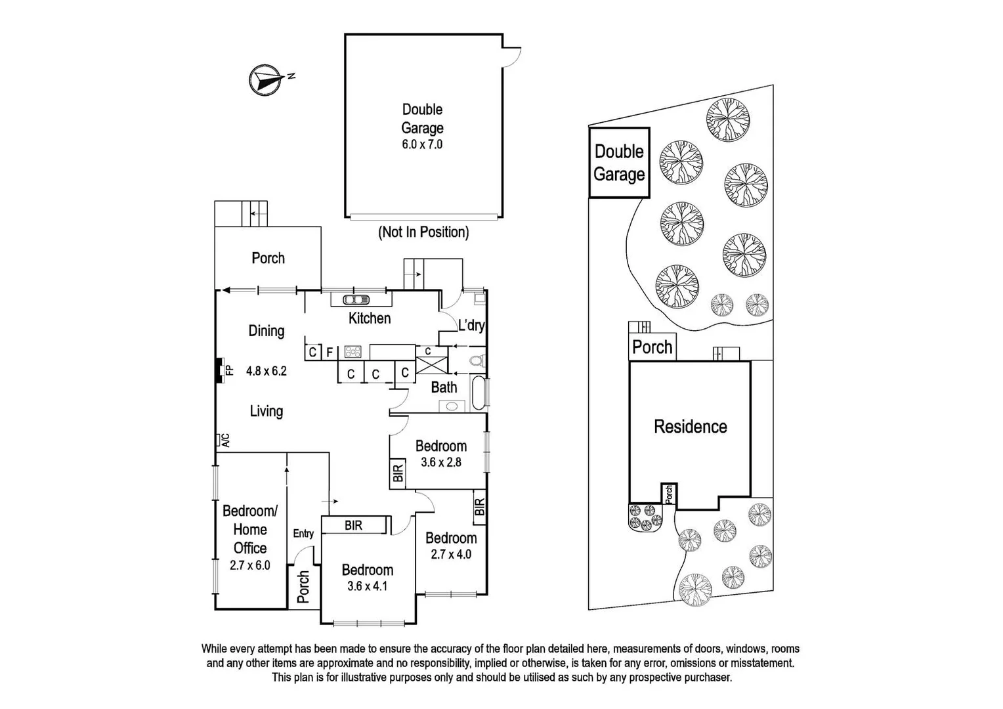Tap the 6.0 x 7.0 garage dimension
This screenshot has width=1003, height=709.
point(422,144)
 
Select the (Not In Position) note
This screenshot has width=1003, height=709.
point(423,232)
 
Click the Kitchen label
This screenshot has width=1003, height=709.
point(370,318)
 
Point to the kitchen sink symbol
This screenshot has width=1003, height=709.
point(355,300)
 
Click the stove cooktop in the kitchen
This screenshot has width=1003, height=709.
point(353,352)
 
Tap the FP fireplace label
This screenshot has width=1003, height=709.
point(229,370)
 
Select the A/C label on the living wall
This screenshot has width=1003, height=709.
point(224,440)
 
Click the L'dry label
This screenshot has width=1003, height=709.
point(471,325)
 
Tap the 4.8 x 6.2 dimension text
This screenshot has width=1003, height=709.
point(266,371)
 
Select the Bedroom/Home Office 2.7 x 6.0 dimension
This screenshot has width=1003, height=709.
point(249,565)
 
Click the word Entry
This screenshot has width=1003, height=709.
point(303,534)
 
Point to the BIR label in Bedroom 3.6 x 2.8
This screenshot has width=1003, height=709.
point(398,474)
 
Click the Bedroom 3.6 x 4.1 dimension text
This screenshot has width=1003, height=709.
point(367,586)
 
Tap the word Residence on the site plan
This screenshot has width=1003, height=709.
point(690,427)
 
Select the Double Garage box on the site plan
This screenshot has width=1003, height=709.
point(619,163)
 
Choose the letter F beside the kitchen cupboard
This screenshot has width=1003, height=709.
point(330,353)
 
